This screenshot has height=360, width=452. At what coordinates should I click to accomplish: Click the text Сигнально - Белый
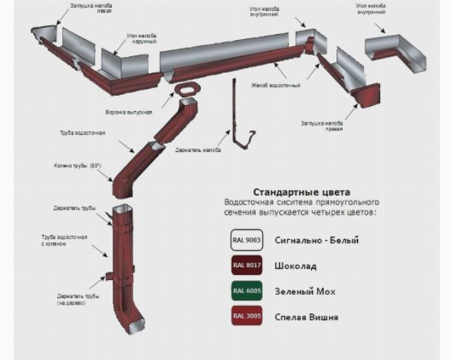coord(316,241)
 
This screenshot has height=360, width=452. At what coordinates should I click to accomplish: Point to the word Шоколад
coord(296,266)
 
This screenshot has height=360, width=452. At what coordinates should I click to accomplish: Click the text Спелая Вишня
coord(307,318)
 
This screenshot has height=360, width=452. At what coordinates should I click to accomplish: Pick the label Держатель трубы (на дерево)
coord(72,299)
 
